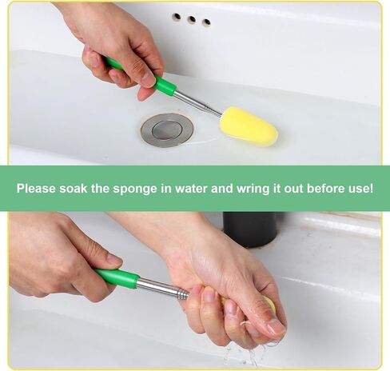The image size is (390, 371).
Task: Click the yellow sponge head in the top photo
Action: tap(248, 126)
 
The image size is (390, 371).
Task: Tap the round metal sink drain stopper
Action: tap(167, 130)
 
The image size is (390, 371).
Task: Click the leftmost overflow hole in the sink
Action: tap(177, 17)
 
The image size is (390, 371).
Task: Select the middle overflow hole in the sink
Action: tap(191, 19)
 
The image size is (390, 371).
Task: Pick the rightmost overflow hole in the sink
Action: tap(206, 22)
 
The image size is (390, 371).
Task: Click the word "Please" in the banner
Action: tap(36, 189)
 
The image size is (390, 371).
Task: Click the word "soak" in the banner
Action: tap(73, 189)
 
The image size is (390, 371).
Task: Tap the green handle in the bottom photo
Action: tap(117, 277)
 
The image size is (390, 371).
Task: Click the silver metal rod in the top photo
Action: tap(198, 102)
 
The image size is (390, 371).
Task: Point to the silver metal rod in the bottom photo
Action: tap(163, 289)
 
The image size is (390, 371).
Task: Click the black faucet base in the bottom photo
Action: tap(250, 229)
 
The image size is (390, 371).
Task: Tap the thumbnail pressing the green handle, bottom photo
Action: tap(114, 259)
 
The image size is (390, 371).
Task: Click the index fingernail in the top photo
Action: tap(148, 79)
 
